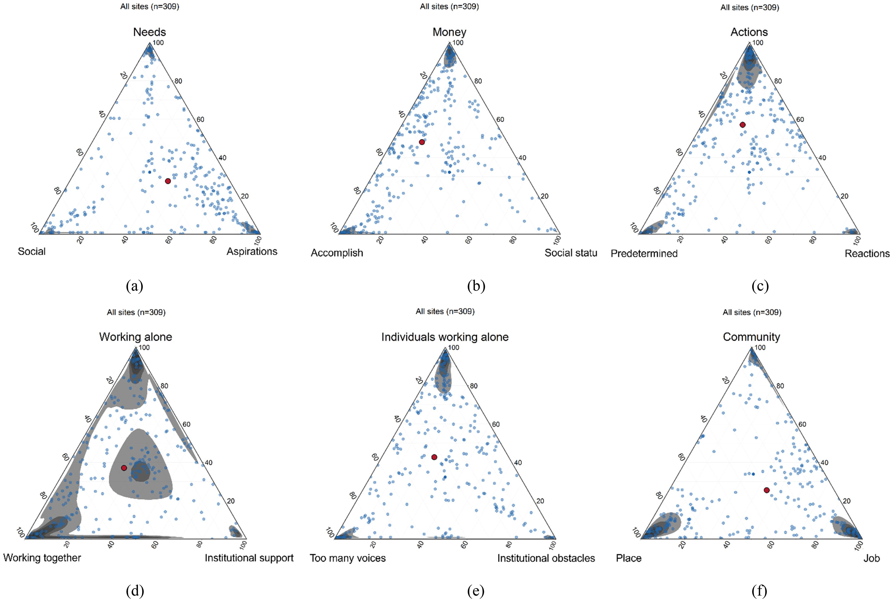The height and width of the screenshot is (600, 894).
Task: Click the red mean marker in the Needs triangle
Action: click(168, 181)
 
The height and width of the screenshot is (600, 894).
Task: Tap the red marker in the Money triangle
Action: click(422, 142)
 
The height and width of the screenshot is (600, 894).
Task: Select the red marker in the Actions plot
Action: click(743, 125)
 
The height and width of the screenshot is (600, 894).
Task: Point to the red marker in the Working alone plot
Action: click(124, 468)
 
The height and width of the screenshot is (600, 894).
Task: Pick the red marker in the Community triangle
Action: click(767, 490)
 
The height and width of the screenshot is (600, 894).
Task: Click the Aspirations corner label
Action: click(252, 251)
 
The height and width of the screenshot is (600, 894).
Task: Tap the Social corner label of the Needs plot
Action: click(32, 251)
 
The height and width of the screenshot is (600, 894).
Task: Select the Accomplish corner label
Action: click(337, 253)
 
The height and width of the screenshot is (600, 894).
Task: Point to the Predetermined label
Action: click(644, 253)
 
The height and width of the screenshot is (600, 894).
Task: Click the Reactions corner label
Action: click(867, 253)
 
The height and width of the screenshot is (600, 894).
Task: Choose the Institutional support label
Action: click(249, 558)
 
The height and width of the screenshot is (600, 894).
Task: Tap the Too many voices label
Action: click(348, 558)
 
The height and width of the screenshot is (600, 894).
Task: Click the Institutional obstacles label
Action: click(546, 558)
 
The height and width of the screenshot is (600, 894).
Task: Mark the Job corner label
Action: click(872, 558)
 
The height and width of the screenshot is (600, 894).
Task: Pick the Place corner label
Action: click(628, 558)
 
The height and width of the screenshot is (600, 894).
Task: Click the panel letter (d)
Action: click(135, 591)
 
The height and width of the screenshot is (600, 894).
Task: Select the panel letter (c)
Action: click(760, 286)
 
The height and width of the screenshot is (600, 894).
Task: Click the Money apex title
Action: click(449, 32)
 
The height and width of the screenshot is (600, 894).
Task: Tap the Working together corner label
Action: click(42, 558)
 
